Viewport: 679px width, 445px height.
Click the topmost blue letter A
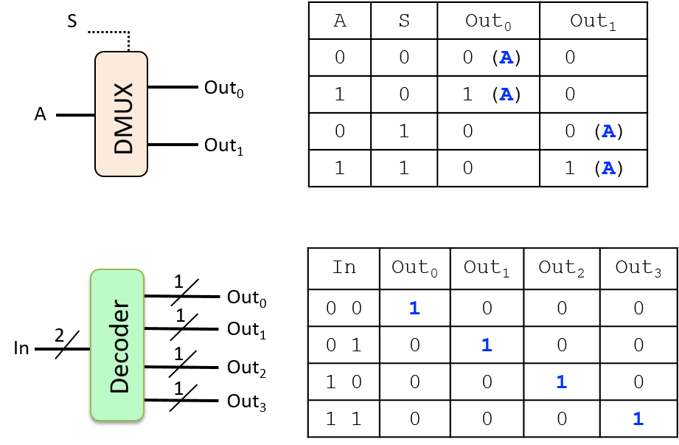506,58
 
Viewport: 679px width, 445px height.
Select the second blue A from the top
506,94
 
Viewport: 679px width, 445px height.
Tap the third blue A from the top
608,131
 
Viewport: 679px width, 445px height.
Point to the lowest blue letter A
608,168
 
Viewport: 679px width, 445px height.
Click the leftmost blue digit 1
414,308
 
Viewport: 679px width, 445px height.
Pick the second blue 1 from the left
487,345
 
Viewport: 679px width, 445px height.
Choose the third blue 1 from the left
561,382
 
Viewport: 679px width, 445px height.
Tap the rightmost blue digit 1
638,419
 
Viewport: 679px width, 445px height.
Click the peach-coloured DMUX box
121,114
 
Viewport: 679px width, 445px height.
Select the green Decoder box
117,345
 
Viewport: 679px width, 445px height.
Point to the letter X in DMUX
123,91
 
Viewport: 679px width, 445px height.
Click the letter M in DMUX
123,126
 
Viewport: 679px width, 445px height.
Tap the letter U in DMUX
123,108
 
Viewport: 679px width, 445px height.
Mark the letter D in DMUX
123,145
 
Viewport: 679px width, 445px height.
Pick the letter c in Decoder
121,356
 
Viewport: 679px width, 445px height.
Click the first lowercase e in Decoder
121,369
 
